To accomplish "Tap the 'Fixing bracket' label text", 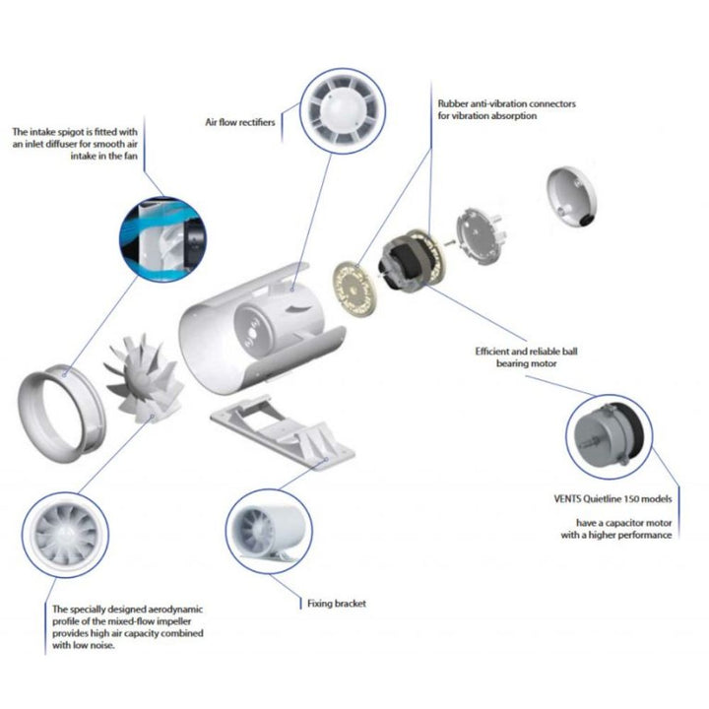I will coord(336,603).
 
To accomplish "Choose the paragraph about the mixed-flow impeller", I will coord(127,628).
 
